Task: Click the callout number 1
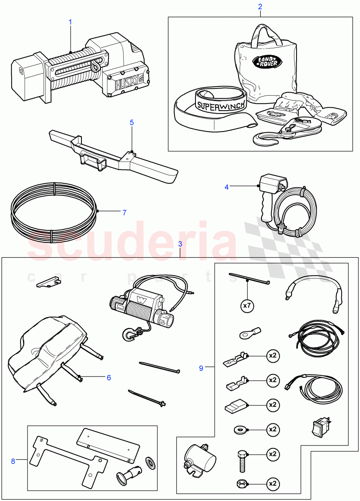pyautogui.click(x=70, y=21)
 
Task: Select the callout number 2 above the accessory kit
pyautogui.click(x=260, y=7)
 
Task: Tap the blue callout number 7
pyautogui.click(x=124, y=213)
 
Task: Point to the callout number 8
pyautogui.click(x=13, y=461)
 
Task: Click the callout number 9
pyautogui.click(x=201, y=368)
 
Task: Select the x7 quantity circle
pyautogui.click(x=248, y=306)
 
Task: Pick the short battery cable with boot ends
pyautogui.click(x=313, y=290)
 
